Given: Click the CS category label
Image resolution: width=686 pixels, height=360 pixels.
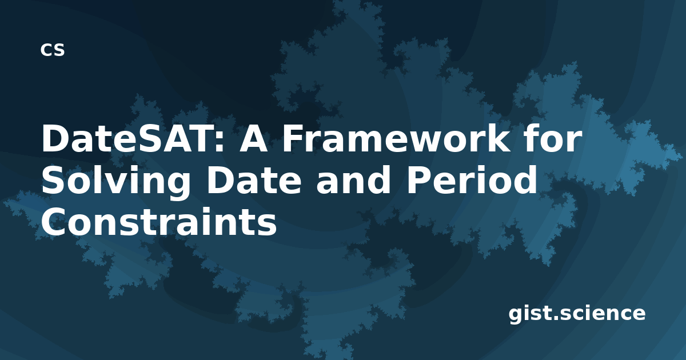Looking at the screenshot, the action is pos(53,50).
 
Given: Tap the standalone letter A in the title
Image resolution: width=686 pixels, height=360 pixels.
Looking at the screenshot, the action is pos(253,139).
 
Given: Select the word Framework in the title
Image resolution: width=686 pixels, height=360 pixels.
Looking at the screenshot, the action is pos(396,138).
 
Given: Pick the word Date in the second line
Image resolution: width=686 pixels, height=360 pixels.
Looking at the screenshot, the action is pos(254,181).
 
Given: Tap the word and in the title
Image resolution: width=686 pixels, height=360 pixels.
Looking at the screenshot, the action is pos(353,179).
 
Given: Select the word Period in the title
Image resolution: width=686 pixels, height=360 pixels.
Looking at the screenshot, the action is pos(472,179).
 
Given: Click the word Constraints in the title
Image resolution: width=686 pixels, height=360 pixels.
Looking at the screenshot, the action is pos(159,222).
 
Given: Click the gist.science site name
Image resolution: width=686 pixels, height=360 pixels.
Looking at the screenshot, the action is pos(577,314).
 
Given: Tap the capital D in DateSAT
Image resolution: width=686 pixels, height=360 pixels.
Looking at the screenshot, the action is pos(55,139).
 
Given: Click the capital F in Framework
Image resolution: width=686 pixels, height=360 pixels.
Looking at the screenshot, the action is pos(293,139).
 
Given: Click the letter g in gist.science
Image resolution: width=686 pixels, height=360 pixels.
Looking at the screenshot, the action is pos(516,316).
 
